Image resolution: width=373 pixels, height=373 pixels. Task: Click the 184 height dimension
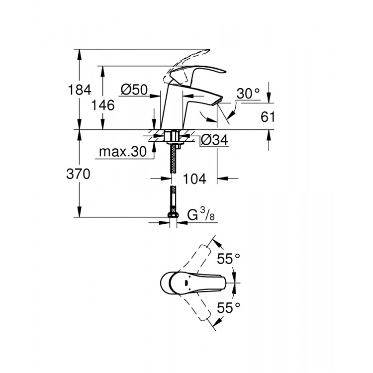click(x=80, y=90)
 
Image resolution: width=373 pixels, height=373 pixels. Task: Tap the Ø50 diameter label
click(x=134, y=90)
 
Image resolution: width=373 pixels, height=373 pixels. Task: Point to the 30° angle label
click(x=248, y=93)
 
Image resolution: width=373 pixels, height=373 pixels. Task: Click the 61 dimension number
click(x=268, y=117)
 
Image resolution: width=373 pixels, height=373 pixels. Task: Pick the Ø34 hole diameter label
click(x=214, y=141)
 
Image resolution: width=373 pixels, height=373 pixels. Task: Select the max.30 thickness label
click(x=122, y=152)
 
